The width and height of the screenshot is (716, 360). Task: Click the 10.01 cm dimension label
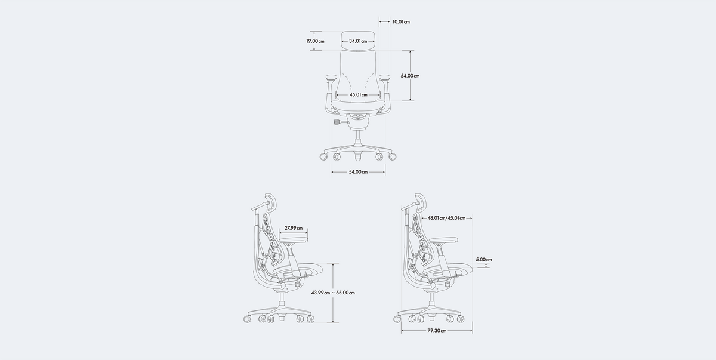click(401, 22)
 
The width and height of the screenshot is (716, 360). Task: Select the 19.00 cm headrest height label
click(315, 41)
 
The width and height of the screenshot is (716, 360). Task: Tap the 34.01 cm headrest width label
click(358, 41)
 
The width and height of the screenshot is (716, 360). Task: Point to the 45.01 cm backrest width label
click(358, 95)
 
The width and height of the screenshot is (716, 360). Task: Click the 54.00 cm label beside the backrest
click(410, 76)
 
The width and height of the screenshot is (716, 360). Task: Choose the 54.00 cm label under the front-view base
click(358, 172)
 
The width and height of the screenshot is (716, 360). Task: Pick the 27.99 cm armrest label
click(293, 228)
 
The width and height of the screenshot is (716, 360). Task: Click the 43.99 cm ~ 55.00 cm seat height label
click(333, 293)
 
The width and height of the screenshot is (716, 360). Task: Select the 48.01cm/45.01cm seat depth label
click(446, 218)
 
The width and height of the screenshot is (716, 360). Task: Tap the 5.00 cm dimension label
click(484, 260)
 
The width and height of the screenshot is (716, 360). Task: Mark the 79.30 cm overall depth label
click(436, 330)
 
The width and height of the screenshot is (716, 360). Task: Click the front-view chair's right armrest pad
click(385, 77)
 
